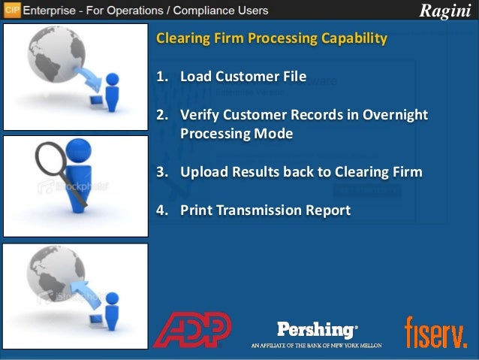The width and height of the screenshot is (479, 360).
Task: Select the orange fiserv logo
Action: [435, 331]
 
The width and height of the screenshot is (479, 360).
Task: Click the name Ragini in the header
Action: [447, 11]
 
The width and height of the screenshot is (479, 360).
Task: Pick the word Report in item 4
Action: [324, 210]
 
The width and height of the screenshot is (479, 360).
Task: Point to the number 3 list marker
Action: [161, 172]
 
